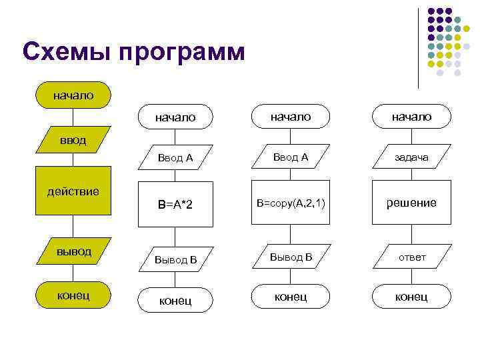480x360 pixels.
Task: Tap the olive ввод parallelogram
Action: [73, 142]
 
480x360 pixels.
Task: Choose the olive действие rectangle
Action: [73, 192]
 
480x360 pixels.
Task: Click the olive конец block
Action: [73, 295]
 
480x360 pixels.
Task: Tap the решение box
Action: [411, 203]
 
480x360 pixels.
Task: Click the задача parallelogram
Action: [411, 158]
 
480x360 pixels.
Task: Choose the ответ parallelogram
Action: [411, 257]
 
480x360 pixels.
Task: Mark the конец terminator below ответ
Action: [411, 297]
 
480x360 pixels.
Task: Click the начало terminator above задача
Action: [411, 117]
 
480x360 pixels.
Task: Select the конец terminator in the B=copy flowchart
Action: [291, 297]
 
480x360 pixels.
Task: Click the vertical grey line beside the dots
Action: [419, 47]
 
